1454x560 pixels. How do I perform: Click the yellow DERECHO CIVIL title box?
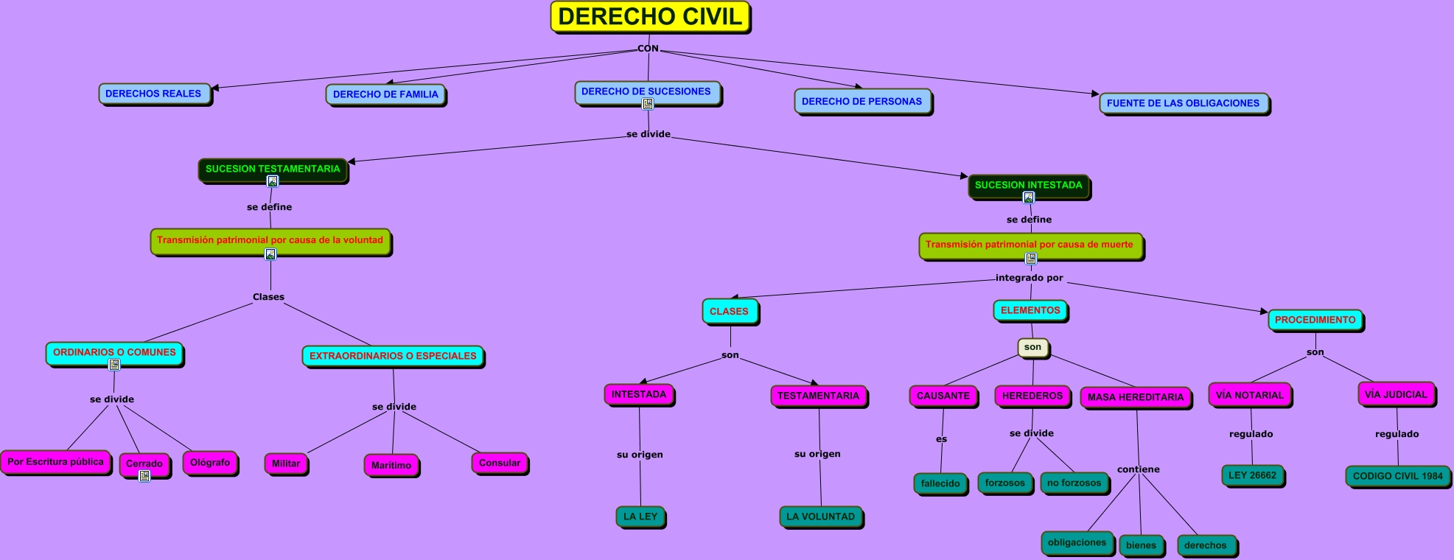(x=650, y=17)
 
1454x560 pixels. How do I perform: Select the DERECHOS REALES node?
(x=153, y=94)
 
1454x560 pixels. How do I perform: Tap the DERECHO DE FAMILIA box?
(x=385, y=94)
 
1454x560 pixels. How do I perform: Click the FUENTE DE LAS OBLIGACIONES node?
(x=1183, y=103)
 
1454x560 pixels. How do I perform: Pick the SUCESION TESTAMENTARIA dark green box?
(x=273, y=169)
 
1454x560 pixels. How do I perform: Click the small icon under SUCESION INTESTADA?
(x=1029, y=197)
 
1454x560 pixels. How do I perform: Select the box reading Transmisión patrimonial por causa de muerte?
(x=1030, y=245)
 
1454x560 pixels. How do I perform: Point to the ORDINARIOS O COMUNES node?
(x=114, y=352)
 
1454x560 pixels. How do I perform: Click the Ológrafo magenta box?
(x=210, y=463)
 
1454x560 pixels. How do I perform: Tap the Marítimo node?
(x=391, y=465)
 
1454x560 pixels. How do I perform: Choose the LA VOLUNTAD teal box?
(x=820, y=517)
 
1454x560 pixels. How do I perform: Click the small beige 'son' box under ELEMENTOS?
(x=1032, y=347)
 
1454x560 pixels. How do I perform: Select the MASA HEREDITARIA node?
(x=1135, y=397)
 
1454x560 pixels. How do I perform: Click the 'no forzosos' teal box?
(x=1074, y=483)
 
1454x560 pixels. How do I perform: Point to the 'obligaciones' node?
(x=1077, y=542)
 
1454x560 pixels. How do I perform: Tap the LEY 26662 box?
(x=1252, y=475)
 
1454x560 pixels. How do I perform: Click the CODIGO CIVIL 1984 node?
(x=1397, y=476)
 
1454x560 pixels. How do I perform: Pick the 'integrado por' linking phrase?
(x=1029, y=278)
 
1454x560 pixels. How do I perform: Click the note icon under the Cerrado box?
(x=144, y=476)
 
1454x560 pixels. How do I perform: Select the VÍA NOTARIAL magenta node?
(x=1249, y=395)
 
